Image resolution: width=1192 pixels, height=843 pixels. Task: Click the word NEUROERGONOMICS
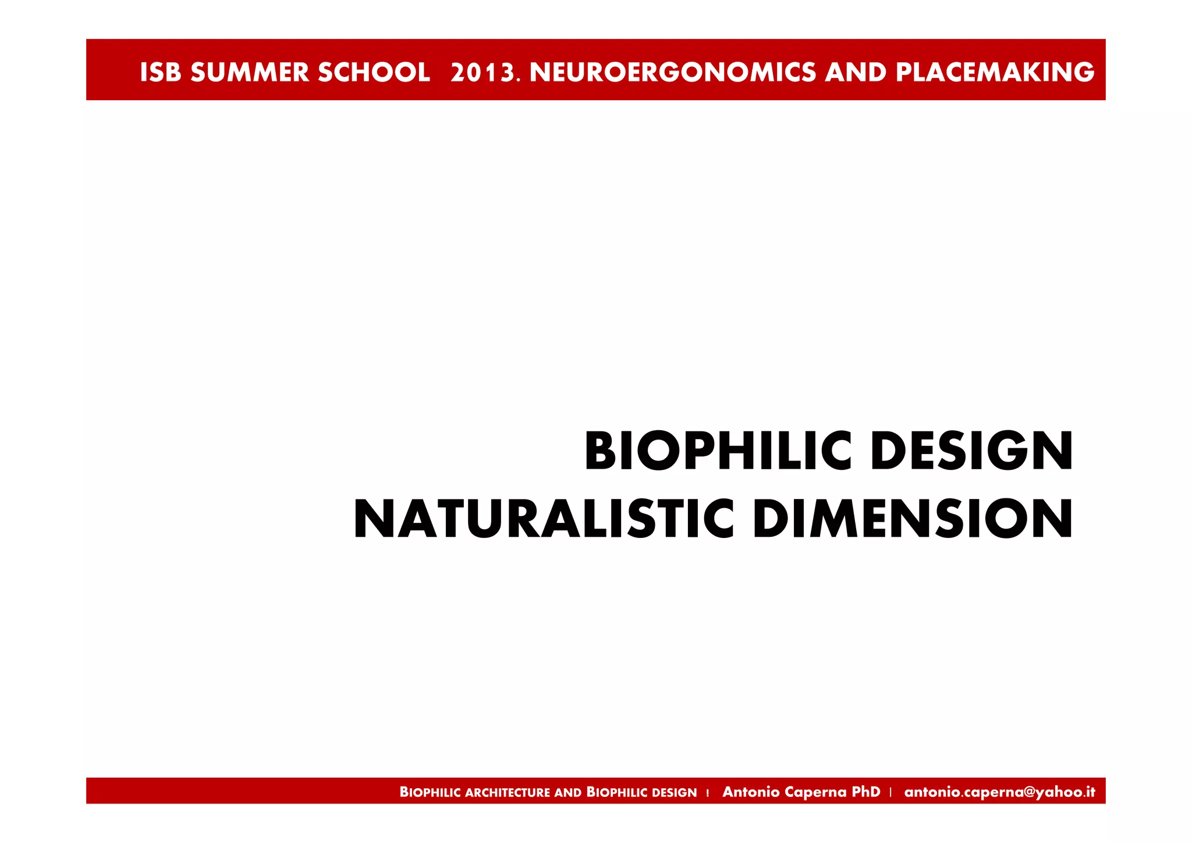click(x=673, y=72)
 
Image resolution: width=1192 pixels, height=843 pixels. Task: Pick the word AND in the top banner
click(x=856, y=72)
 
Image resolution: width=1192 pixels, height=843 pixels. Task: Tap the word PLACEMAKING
click(x=995, y=72)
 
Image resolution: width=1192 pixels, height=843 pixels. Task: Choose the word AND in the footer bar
click(x=568, y=792)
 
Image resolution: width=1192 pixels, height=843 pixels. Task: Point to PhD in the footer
click(x=866, y=792)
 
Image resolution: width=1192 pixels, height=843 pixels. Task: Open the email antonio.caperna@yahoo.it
click(x=999, y=792)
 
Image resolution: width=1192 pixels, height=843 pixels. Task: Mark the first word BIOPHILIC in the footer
click(x=430, y=792)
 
